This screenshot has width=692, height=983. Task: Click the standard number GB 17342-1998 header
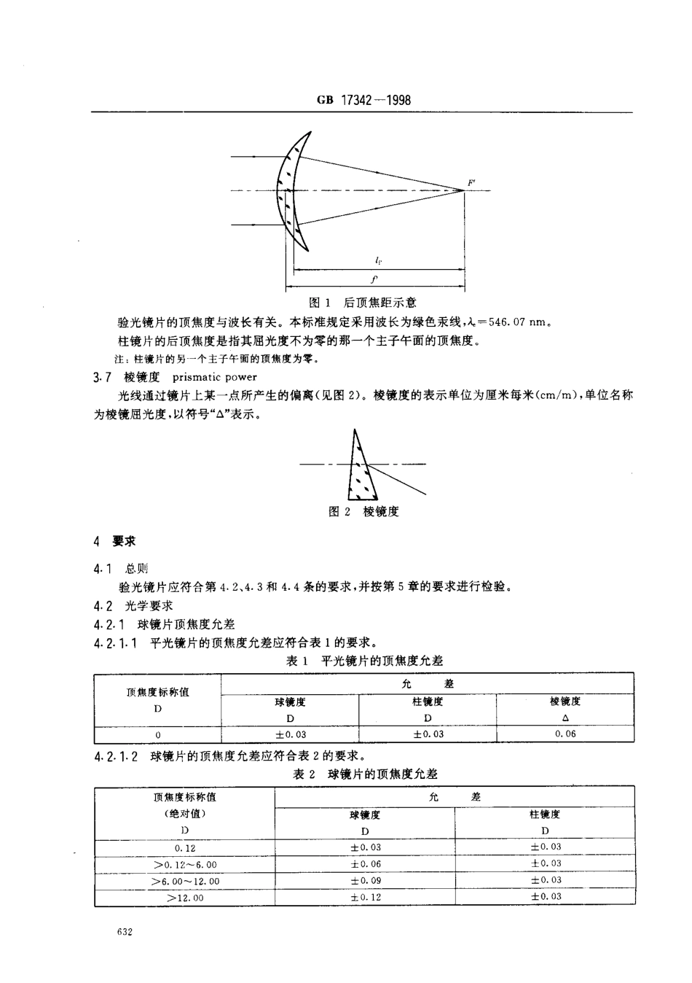[x=364, y=100]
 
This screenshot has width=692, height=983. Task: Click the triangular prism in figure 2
[x=360, y=470]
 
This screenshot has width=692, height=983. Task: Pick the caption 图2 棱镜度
[x=363, y=512]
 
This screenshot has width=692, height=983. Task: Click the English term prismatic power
[x=214, y=377]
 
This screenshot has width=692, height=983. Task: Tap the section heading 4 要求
[x=114, y=542]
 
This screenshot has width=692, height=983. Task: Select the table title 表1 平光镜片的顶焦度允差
[x=363, y=661]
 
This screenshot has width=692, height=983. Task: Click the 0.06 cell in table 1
[x=565, y=734]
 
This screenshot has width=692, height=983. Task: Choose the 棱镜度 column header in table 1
[x=565, y=702]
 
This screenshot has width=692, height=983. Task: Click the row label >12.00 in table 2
[x=185, y=898]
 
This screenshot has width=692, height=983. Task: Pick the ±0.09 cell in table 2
[x=365, y=881]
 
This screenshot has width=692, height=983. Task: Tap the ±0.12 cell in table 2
[x=365, y=898]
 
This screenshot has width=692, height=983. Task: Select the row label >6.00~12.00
[x=185, y=881]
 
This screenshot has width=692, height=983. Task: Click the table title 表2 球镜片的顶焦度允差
[x=365, y=774]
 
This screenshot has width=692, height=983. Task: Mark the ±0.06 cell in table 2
[x=365, y=864]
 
